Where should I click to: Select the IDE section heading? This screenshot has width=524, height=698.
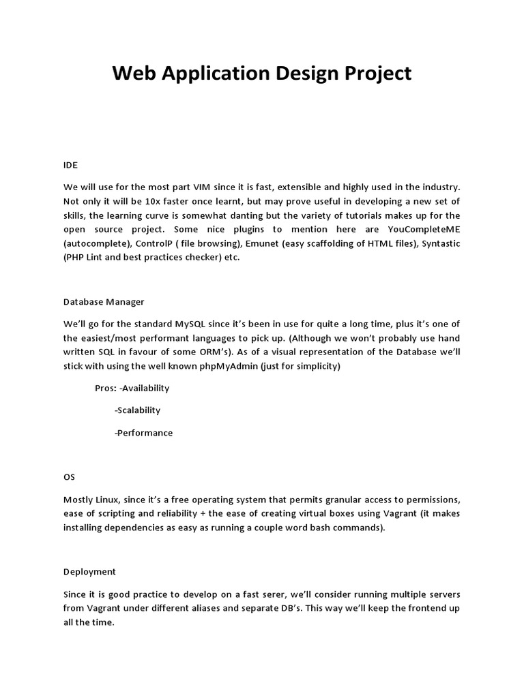[70, 164]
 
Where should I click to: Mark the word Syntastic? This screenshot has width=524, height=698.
[438, 243]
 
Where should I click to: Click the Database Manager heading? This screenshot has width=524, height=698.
[104, 301]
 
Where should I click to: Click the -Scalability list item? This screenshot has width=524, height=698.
[138, 410]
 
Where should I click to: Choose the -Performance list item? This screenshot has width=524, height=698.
[144, 433]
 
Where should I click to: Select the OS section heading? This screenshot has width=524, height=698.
[70, 477]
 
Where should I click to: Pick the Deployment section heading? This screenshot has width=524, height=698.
[89, 571]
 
